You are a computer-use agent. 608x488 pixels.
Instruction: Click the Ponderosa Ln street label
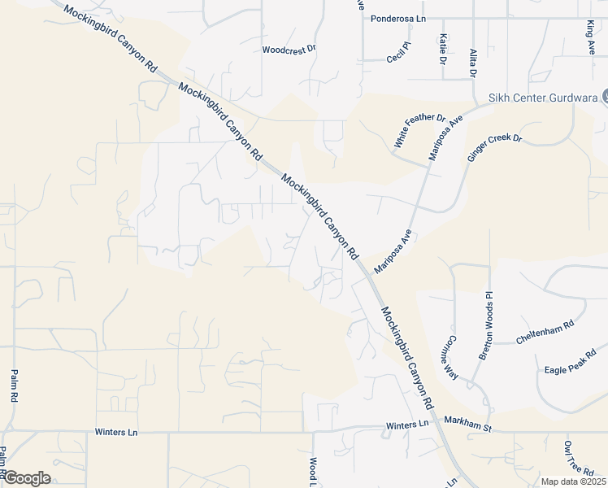click(398, 18)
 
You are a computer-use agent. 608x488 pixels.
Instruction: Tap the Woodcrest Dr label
click(289, 50)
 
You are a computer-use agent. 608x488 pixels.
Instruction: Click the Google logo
click(27, 478)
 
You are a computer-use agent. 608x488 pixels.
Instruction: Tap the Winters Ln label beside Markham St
click(406, 425)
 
